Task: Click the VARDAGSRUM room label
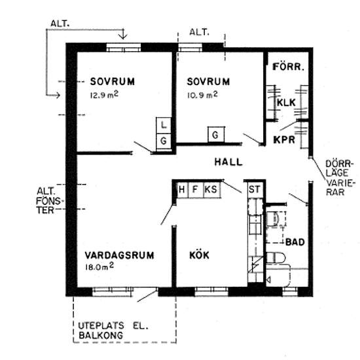(119, 255)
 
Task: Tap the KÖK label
(199, 255)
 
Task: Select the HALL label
(228, 162)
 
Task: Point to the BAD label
(295, 242)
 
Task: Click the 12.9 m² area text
(104, 95)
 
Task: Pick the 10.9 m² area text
(202, 95)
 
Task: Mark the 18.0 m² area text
(99, 267)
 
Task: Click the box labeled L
(164, 126)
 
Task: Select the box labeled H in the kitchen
(182, 190)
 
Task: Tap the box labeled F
(196, 190)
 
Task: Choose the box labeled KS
(212, 190)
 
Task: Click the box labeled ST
(255, 190)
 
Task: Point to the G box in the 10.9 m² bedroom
(215, 135)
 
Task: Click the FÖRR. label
(288, 67)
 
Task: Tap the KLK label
(286, 103)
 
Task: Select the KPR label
(284, 139)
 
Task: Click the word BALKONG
(101, 336)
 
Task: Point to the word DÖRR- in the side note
(338, 164)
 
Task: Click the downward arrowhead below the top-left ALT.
(124, 36)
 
